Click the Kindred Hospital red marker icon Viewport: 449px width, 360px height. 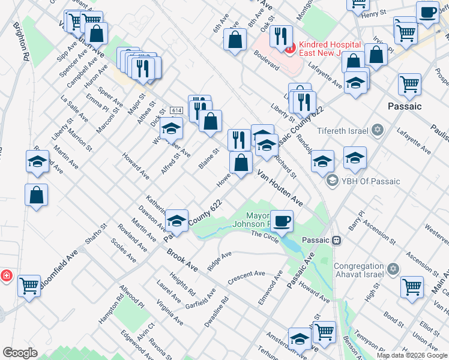pos(290,47)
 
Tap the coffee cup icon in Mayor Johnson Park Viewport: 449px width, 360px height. pos(282,220)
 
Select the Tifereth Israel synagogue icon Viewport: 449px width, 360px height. pos(378,130)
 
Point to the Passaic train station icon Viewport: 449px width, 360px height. pos(337,240)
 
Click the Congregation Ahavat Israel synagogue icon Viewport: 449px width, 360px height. pos(393,268)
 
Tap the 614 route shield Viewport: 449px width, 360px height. pos(176,111)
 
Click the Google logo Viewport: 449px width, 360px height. pos(20,353)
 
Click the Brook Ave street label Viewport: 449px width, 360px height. pos(182,259)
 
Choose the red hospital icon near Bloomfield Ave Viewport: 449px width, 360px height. pos(5,276)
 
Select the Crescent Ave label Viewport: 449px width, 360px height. pos(246,278)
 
